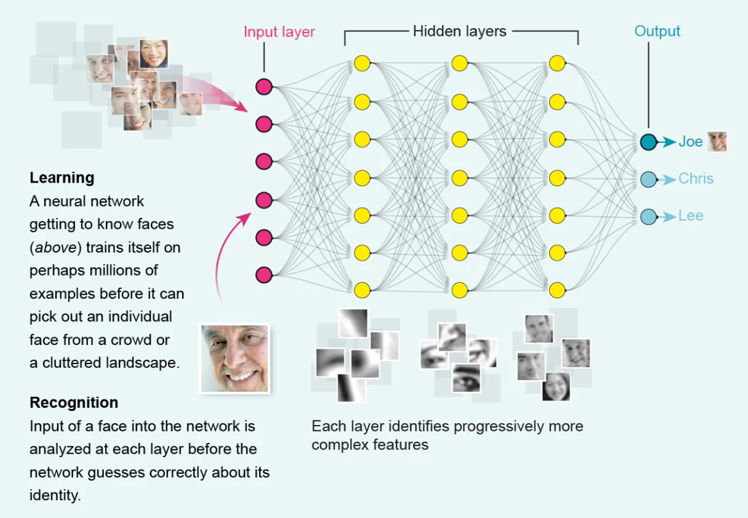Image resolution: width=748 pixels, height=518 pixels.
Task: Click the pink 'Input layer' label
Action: (x=279, y=31)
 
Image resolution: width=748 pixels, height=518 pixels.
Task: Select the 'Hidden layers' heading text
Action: (x=459, y=31)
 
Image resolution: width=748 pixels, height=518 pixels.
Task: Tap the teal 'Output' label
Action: (x=657, y=31)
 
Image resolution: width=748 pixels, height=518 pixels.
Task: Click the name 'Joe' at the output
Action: (x=691, y=142)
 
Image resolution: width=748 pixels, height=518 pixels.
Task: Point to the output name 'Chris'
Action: (x=696, y=178)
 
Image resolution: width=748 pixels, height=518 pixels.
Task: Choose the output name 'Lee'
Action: (x=691, y=215)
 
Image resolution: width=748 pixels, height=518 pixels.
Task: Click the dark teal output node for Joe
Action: (x=649, y=142)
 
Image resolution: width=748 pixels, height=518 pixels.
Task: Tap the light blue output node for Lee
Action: (x=649, y=216)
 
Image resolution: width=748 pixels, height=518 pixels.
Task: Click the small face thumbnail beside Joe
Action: (x=717, y=142)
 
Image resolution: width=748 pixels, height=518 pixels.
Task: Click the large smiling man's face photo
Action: (x=234, y=358)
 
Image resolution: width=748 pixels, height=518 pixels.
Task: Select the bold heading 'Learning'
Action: (x=62, y=178)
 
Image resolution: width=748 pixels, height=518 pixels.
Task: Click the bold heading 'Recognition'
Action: (x=74, y=403)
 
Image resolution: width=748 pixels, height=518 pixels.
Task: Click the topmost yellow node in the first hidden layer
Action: (x=362, y=63)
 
